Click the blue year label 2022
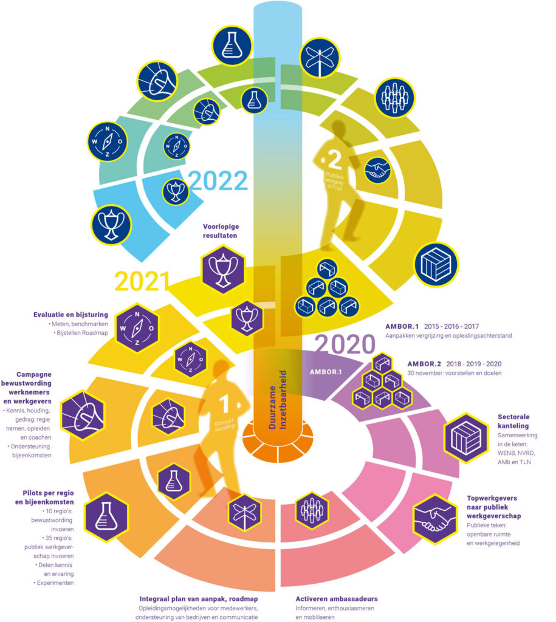tap(218, 181)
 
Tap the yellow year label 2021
tap(142, 281)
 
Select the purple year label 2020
tap(345, 344)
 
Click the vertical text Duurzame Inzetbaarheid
tap(278, 400)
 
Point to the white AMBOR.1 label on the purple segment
tap(326, 372)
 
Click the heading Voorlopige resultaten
tap(221, 231)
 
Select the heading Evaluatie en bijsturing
tap(70, 315)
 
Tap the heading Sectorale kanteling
tap(513, 422)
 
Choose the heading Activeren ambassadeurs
tap(337, 598)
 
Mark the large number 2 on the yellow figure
tap(335, 160)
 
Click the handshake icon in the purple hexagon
tap(434, 519)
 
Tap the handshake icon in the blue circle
tap(377, 170)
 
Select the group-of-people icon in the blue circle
tap(394, 98)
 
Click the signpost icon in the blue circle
tap(320, 58)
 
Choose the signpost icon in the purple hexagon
tap(245, 513)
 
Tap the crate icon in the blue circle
tap(436, 264)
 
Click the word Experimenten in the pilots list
tap(55, 583)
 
